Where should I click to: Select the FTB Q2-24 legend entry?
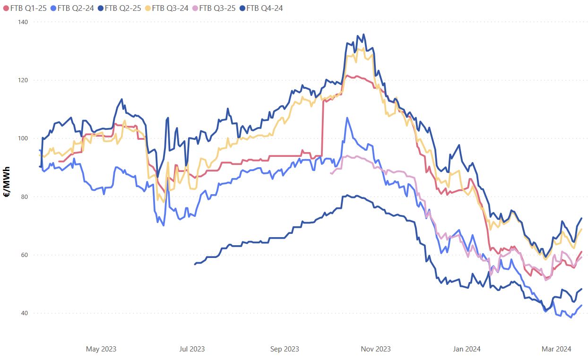[x=76, y=8]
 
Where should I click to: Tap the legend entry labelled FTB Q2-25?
[x=123, y=8]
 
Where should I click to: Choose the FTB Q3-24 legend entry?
[x=170, y=8]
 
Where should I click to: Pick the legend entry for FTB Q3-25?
[x=217, y=8]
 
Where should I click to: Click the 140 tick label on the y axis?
[x=23, y=22]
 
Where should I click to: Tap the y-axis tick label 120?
[x=23, y=80]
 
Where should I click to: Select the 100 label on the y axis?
[x=23, y=138]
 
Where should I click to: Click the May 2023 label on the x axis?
[x=101, y=349]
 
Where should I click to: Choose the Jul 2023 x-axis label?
[x=192, y=349]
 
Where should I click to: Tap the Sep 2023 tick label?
[x=285, y=349]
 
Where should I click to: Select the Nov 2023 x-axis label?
[x=376, y=349]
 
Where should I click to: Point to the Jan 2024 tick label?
[x=467, y=349]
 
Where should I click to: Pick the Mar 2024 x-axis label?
[x=556, y=349]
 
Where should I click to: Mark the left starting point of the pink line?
[x=331, y=174]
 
